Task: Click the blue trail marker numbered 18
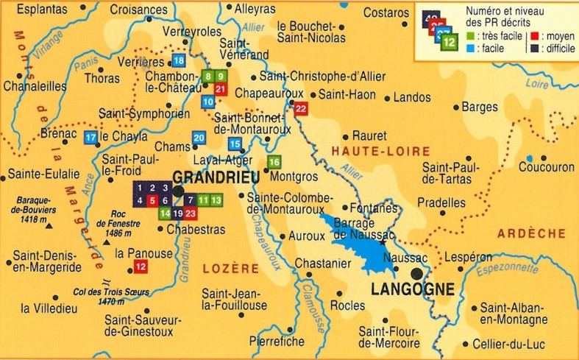pos(179,60)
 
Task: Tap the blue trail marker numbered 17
pos(91,138)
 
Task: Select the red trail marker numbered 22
pos(301,109)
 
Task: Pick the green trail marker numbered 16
pos(274,162)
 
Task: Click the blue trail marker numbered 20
pos(199,138)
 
